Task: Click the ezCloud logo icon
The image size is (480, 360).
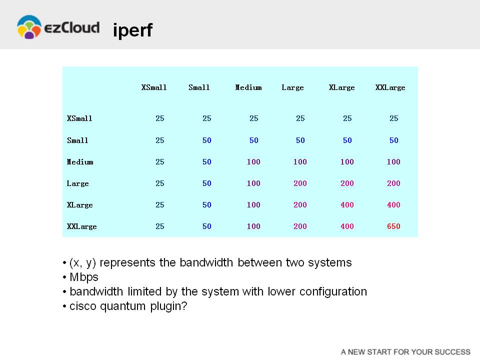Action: (x=29, y=27)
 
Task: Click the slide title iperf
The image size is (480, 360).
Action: (x=132, y=30)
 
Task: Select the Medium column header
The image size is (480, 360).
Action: (x=248, y=87)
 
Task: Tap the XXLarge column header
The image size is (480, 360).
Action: (x=390, y=87)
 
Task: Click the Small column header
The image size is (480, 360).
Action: (x=199, y=87)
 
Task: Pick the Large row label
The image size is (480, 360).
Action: (x=78, y=183)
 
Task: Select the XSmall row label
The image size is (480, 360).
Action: (x=79, y=118)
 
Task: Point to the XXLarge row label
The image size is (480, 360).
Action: (x=81, y=226)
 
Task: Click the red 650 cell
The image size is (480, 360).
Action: (x=393, y=226)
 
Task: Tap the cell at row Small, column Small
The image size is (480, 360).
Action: (x=206, y=140)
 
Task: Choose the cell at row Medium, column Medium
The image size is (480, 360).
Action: (x=253, y=161)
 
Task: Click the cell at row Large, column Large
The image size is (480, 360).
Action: (x=300, y=183)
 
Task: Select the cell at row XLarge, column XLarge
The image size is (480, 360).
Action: (x=347, y=205)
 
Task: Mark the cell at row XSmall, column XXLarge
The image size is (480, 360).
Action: (x=393, y=118)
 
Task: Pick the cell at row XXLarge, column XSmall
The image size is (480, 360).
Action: (x=160, y=226)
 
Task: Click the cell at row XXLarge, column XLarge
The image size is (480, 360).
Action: (x=347, y=226)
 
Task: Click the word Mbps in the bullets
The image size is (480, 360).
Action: (x=84, y=277)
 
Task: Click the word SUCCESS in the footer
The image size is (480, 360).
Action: (x=452, y=352)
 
